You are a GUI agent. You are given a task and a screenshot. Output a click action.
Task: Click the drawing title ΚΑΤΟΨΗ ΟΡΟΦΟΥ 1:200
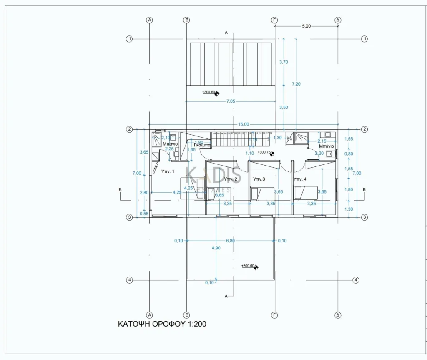(162, 324)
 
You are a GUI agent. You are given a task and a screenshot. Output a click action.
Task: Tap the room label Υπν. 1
(168, 171)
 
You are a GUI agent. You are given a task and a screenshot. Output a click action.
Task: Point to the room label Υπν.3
(259, 179)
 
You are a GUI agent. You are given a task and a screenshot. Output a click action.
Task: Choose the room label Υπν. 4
(300, 179)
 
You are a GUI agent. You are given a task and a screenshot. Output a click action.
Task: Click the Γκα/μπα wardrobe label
(202, 145)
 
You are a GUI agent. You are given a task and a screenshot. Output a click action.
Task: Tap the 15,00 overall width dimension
(244, 124)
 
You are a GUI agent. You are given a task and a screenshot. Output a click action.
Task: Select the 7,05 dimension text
(230, 101)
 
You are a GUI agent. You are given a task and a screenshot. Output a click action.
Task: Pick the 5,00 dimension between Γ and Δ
(306, 26)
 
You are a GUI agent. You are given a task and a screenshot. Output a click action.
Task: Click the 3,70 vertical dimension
(284, 62)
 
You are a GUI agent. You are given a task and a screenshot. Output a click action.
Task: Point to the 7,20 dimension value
(296, 84)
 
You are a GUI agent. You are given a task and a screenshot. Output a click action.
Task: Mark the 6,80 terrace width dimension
(230, 241)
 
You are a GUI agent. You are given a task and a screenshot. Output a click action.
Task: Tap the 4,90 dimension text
(216, 248)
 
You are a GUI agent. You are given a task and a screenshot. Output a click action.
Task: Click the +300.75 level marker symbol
(272, 154)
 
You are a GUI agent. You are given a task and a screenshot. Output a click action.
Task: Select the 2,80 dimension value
(144, 192)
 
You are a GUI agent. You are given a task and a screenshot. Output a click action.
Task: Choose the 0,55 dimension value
(144, 214)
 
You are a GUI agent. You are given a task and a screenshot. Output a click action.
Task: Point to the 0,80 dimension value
(349, 154)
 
